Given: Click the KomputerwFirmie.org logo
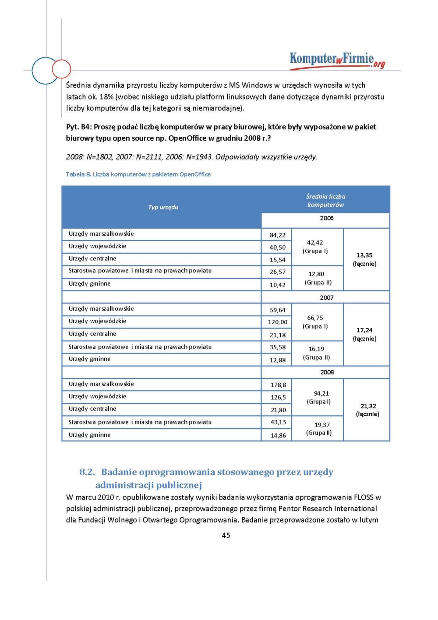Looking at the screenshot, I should [337, 60].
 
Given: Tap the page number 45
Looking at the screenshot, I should [226, 535].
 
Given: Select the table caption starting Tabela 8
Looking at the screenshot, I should [138, 174].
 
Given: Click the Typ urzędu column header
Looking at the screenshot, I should [163, 207].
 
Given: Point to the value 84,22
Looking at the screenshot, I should [277, 235].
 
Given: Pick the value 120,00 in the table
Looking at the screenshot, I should [278, 322].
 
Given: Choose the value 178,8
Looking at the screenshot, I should [278, 385].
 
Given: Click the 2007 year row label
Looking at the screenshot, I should [326, 298].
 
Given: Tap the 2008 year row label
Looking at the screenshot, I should [327, 372].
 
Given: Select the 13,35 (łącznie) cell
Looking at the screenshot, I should [364, 259].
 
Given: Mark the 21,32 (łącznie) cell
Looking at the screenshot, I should [368, 410].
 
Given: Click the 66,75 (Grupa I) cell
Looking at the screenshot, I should [315, 322].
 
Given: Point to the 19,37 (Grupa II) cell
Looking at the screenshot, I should [319, 429].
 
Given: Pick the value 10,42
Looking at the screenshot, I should [277, 285].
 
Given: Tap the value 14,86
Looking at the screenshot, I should [278, 436].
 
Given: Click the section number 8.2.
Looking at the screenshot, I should [87, 472].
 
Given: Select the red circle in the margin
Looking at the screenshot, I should [61, 69].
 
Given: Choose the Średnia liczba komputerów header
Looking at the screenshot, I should [325, 201].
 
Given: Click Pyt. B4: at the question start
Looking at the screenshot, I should [79, 127].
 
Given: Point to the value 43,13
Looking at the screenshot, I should [278, 422].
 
